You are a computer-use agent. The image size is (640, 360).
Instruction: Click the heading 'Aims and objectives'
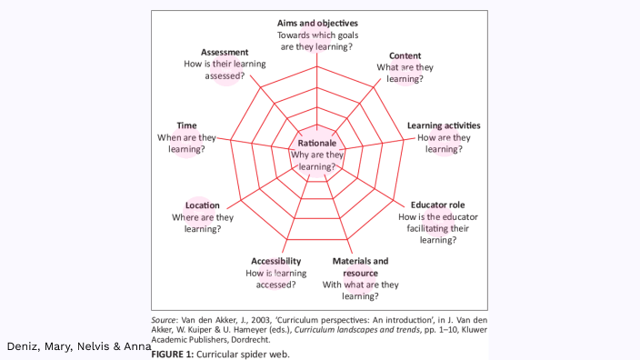317,23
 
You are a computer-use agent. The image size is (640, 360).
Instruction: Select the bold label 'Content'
405,55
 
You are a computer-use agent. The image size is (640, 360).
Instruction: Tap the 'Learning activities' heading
444,125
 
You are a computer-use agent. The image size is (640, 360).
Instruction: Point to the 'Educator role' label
438,205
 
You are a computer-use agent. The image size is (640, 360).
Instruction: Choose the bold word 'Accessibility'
275,261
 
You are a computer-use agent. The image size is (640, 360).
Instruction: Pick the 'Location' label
203,205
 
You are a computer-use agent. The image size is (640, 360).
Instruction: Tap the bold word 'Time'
186,125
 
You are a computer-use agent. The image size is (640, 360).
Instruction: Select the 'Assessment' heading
225,52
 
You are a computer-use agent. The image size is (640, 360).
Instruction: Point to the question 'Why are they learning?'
317,161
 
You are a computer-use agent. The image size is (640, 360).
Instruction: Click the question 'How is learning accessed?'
275,278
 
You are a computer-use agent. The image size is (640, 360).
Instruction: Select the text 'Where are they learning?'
203,223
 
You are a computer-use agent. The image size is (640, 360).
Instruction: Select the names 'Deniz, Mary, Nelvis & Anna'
79,346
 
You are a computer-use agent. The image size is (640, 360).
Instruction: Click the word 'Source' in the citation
165,320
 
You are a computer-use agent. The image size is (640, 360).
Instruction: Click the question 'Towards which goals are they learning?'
317,40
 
